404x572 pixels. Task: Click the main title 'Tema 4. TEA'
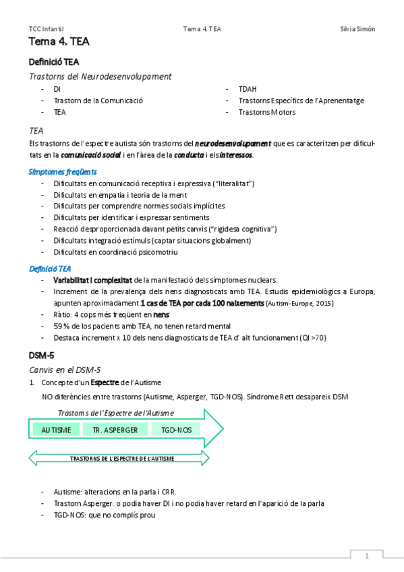click(x=59, y=42)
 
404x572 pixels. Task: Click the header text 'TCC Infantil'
click(x=47, y=29)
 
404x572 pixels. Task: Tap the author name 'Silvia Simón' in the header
click(x=357, y=29)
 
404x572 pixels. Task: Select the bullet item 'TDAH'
click(x=248, y=88)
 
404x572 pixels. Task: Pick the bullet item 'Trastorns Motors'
click(x=267, y=112)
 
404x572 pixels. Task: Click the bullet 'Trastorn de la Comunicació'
click(x=98, y=101)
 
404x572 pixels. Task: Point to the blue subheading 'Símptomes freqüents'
click(x=63, y=171)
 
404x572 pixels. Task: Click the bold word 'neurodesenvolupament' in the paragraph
click(x=233, y=143)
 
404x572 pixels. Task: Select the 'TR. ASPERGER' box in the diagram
click(x=115, y=430)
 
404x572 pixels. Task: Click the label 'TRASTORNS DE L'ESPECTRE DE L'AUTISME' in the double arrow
click(x=122, y=458)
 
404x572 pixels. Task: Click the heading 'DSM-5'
click(x=41, y=355)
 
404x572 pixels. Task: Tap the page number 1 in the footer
click(x=366, y=556)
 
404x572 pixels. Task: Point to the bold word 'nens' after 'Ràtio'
click(x=161, y=314)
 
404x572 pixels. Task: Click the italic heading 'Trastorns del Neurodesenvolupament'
click(x=100, y=76)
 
